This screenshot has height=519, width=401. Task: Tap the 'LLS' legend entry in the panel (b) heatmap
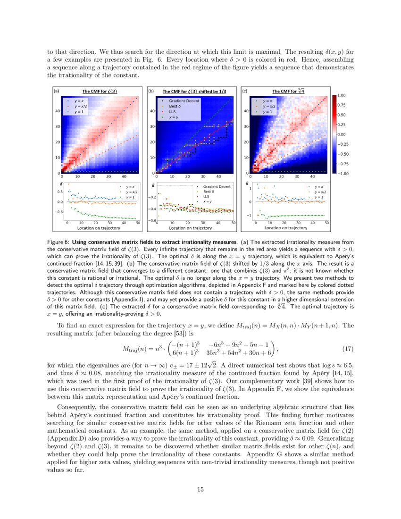tap(173, 111)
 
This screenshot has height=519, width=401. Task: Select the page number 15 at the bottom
tap(200, 489)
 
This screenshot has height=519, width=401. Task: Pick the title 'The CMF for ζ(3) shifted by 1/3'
tap(194, 92)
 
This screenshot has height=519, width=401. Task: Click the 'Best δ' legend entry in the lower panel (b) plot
tap(210, 192)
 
